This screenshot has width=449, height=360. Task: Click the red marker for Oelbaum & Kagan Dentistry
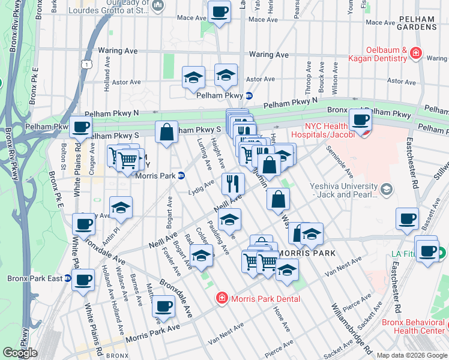(415, 55)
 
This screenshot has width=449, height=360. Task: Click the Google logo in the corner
(20, 352)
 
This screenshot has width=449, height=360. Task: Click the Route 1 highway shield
(88, 64)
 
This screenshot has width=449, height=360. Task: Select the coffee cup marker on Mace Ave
(219, 11)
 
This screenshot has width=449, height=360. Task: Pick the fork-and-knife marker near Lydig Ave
(233, 182)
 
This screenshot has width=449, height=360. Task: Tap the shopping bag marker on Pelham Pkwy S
(166, 132)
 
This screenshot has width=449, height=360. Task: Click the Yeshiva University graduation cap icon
(387, 190)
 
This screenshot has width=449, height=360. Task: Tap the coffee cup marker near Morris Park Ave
(163, 307)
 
